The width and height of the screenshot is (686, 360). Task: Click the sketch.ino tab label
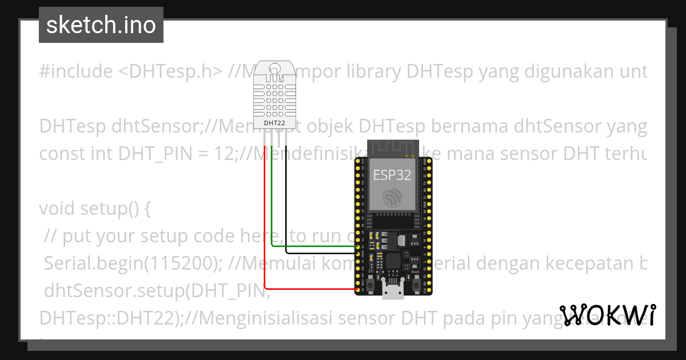tap(101, 25)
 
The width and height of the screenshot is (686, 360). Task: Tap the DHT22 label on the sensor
tap(274, 122)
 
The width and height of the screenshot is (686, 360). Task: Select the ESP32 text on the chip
tap(392, 175)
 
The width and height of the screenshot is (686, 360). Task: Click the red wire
tap(265, 229)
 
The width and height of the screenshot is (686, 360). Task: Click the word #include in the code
tap(76, 71)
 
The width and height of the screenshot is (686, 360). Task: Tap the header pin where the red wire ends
tap(358, 290)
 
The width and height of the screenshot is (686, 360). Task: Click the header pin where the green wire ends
tap(358, 246)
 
